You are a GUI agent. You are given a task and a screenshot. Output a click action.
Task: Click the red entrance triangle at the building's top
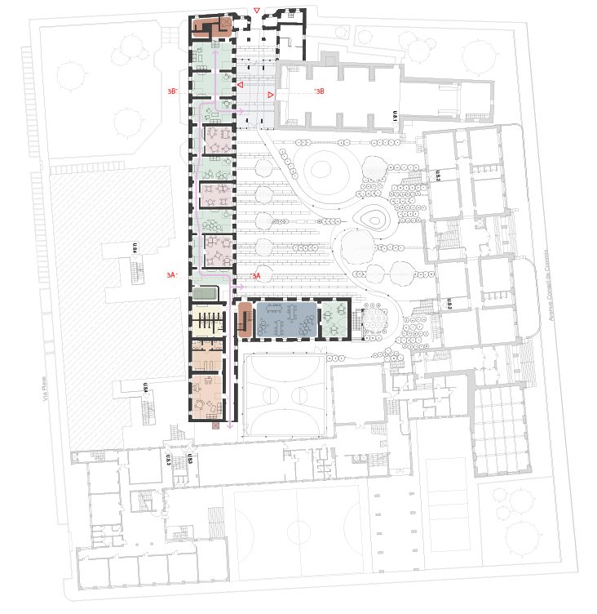pos(257,11)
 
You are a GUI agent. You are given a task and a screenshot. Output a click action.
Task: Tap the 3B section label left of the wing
pos(172,91)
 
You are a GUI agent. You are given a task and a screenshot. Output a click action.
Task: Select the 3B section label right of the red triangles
pos(319,91)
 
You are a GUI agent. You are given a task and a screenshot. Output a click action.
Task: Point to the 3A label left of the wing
pos(172,276)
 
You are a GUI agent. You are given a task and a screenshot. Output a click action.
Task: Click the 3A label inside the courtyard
pos(254,276)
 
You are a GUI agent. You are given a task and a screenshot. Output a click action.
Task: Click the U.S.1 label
pos(395,117)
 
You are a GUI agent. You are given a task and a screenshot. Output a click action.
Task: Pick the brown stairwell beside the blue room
pos(244,318)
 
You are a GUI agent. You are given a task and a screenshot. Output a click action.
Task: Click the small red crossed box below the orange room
pos(214,425)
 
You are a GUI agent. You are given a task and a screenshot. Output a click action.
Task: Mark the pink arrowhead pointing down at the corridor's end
pos(230,425)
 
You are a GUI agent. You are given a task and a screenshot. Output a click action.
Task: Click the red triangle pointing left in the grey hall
pos(240,84)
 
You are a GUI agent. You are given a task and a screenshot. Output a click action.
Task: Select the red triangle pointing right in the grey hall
pos(272,96)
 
